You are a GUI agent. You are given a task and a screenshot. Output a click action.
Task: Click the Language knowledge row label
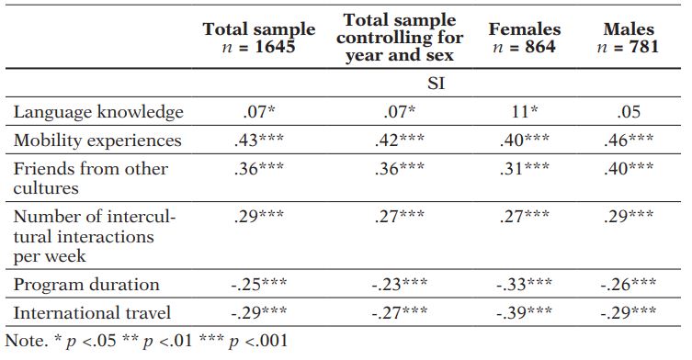(x=98, y=113)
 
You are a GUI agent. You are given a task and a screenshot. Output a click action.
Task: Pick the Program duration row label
(x=86, y=285)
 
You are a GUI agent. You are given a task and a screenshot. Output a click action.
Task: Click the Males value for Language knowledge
(x=630, y=113)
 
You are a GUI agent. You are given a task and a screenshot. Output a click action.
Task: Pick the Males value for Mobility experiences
(x=630, y=141)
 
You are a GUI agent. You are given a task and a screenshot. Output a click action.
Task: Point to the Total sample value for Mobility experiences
(x=259, y=141)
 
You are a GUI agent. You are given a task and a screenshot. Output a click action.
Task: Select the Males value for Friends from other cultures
(x=630, y=168)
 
